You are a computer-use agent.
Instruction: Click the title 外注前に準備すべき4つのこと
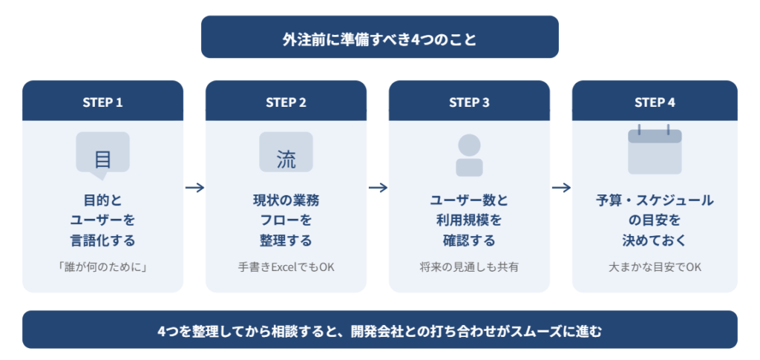coord(379,38)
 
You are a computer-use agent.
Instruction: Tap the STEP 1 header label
coord(102,102)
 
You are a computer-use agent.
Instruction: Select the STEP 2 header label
coord(286,102)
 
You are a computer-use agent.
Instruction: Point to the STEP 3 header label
coord(469,102)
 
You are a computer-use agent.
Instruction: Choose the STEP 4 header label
coord(654,102)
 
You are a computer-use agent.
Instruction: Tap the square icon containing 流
coord(286,153)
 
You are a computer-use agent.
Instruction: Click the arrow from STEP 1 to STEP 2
coord(194,188)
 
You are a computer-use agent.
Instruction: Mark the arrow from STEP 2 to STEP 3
coord(378,188)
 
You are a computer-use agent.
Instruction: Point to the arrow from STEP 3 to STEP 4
coord(561,188)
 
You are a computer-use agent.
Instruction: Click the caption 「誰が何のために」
coord(102,266)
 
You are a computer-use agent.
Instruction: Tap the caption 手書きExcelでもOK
coord(286,266)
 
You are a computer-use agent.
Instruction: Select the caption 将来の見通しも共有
coord(469,266)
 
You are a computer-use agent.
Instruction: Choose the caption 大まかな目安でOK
coord(654,266)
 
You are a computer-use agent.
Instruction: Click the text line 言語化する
coord(102,240)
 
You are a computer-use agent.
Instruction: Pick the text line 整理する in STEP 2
coord(286,240)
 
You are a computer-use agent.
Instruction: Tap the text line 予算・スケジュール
coord(654,200)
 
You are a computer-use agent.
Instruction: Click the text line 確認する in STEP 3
coord(469,240)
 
